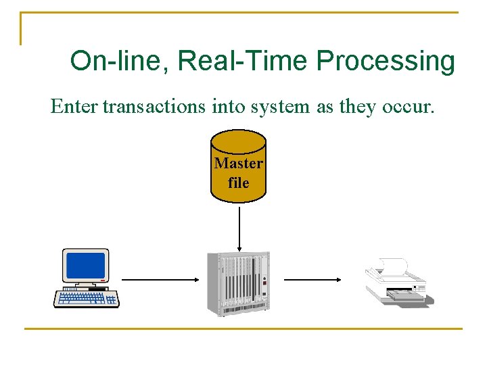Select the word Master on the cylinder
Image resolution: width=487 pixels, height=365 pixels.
tap(238, 164)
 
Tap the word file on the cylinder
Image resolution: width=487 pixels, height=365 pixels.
tap(238, 182)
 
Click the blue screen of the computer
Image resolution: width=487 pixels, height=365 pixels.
tap(85, 265)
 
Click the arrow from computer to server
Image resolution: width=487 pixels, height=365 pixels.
tap(160, 279)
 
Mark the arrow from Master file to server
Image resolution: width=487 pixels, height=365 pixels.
tap(239, 227)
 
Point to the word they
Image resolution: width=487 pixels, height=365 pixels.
tap(340, 107)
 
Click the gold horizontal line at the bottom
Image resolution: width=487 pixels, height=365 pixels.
tap(243, 328)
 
